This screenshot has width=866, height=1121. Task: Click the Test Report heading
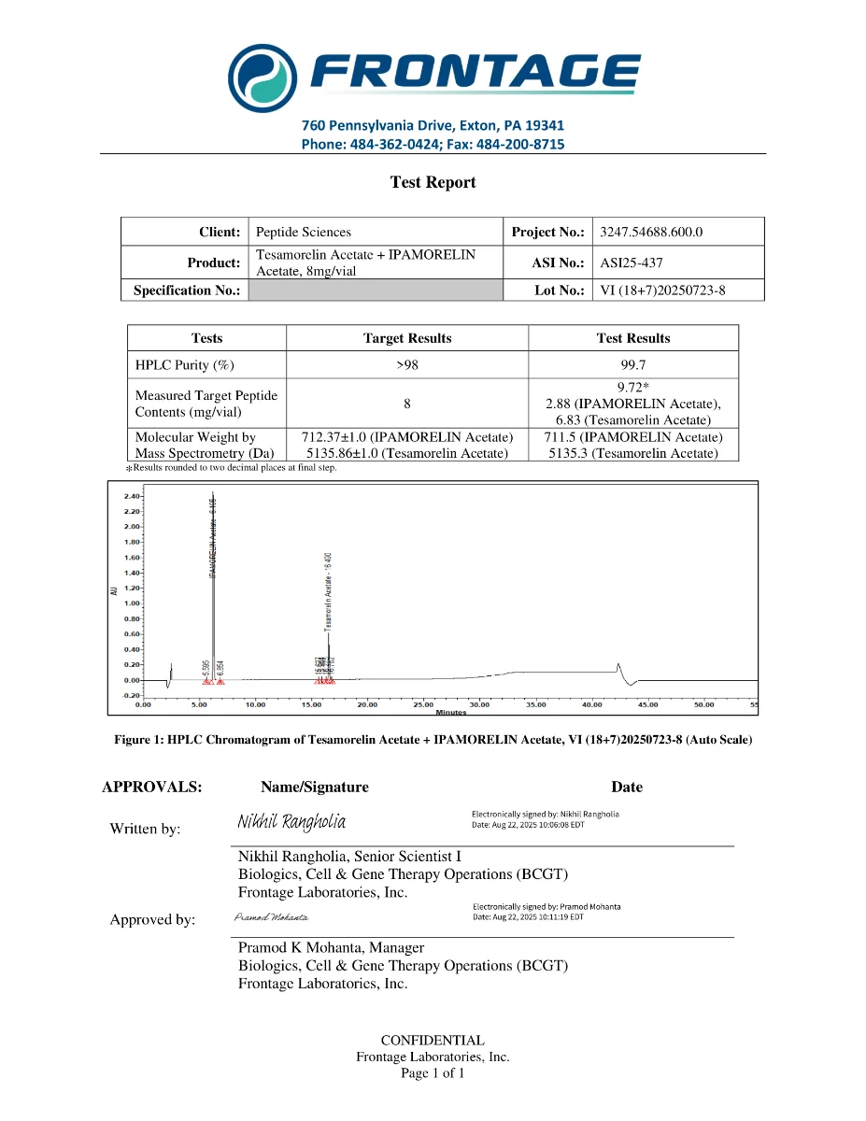pyautogui.click(x=433, y=183)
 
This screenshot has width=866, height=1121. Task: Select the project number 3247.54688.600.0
pyautogui.click(x=651, y=232)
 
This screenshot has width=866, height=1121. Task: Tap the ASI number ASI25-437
pyautogui.click(x=632, y=263)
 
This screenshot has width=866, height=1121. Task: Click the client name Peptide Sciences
pyautogui.click(x=304, y=232)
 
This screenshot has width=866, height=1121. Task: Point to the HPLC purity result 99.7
pyautogui.click(x=633, y=364)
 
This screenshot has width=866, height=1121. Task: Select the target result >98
pyautogui.click(x=407, y=364)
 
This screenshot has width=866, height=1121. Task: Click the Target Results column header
pyautogui.click(x=407, y=338)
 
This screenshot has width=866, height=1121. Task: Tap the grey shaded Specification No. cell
pyautogui.click(x=376, y=291)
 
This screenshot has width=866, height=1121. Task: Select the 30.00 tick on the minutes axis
pyautogui.click(x=479, y=705)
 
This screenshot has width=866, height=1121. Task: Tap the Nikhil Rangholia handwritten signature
pyautogui.click(x=291, y=822)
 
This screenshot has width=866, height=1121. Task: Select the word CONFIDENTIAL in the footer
pyautogui.click(x=433, y=1041)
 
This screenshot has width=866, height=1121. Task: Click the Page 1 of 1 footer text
pyautogui.click(x=433, y=1072)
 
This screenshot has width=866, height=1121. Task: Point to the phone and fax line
pyautogui.click(x=433, y=144)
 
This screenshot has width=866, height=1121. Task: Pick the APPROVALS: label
pyautogui.click(x=151, y=787)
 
